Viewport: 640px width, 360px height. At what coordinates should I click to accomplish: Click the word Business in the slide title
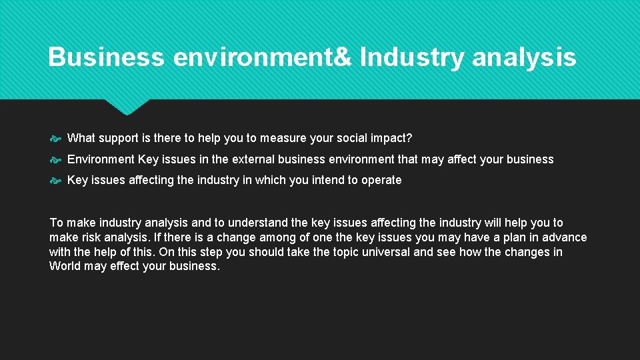106,57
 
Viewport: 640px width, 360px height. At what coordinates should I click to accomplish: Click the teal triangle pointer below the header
127,106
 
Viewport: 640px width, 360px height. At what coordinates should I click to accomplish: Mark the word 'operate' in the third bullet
381,180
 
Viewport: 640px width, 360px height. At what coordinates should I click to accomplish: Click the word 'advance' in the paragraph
565,237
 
